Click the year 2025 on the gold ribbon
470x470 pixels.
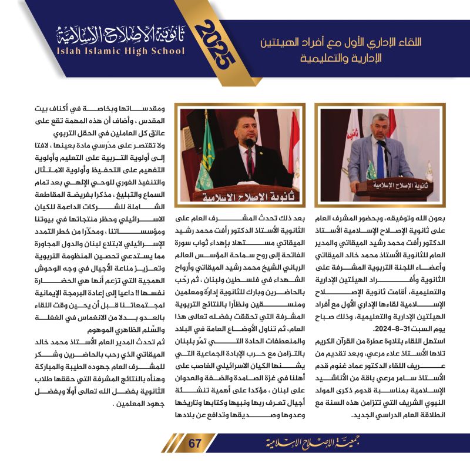[218, 51]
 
